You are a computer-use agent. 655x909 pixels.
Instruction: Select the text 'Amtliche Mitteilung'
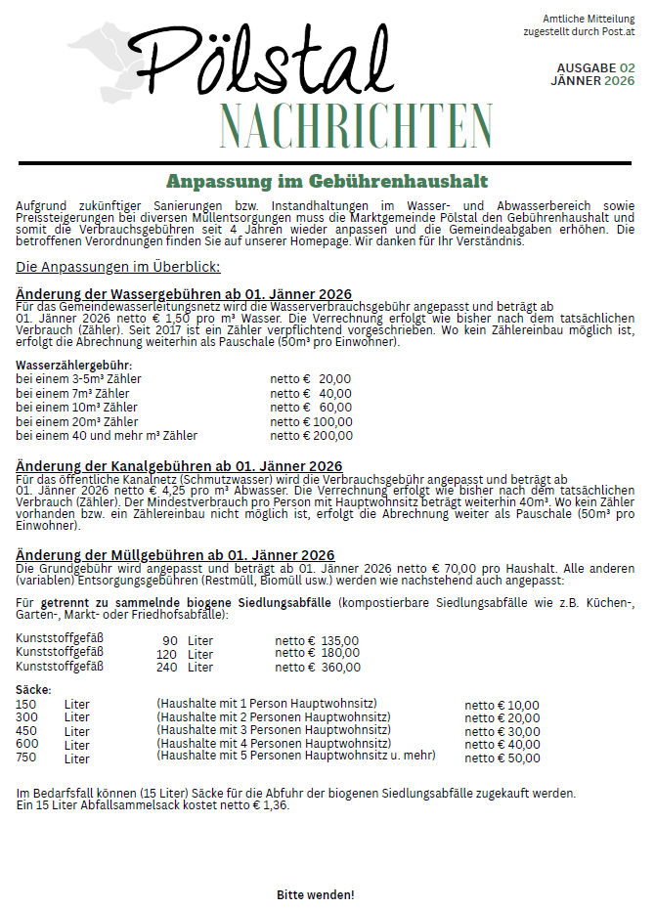tap(589, 19)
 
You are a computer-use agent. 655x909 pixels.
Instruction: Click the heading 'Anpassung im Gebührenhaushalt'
tap(327, 182)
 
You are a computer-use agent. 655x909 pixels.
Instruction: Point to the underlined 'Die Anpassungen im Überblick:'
tap(118, 267)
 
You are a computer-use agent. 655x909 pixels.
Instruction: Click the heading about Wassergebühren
tap(184, 294)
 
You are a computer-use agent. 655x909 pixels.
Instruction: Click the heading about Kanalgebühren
tap(179, 465)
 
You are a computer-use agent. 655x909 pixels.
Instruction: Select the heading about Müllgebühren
tap(175, 555)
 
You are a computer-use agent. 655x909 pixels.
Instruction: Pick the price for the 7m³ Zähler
tap(311, 393)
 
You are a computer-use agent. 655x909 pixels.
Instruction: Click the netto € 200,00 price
tap(311, 436)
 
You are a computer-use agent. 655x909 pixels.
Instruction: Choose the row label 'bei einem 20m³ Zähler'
tap(76, 421)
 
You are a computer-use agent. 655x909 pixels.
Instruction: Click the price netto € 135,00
tap(317, 641)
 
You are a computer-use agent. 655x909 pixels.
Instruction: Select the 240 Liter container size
tap(185, 668)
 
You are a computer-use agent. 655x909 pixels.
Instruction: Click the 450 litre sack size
tap(26, 731)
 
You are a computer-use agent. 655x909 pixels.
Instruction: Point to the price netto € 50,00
tap(502, 757)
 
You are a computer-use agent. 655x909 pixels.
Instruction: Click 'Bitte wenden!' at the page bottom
tap(315, 894)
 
